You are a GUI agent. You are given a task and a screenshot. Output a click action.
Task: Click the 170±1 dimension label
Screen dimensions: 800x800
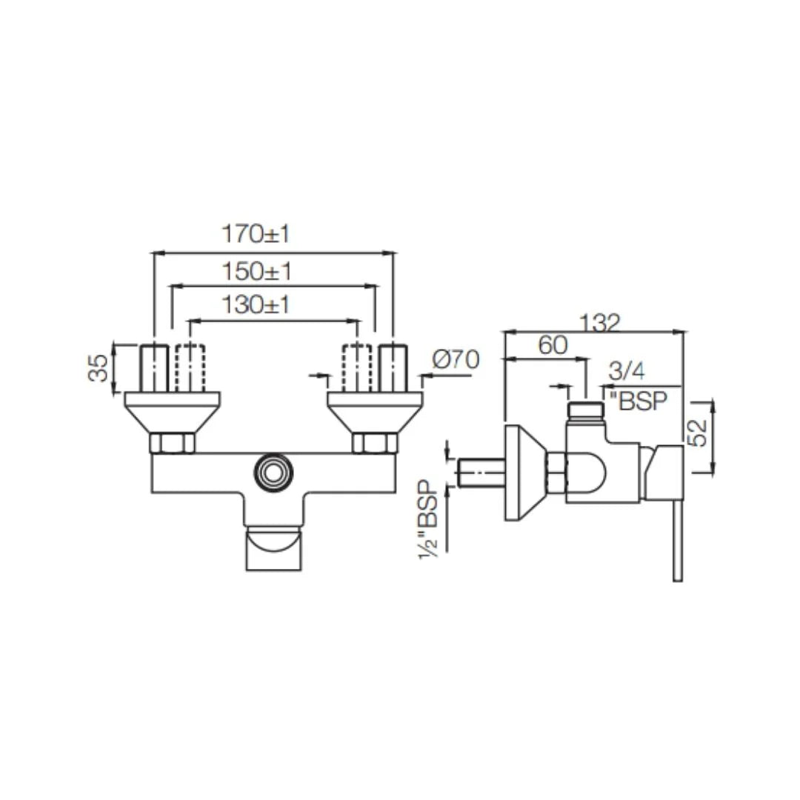pos(256,234)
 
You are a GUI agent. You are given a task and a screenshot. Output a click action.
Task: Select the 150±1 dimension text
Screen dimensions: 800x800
pos(256,271)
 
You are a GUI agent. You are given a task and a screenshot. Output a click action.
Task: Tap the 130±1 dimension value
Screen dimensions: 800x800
pos(256,304)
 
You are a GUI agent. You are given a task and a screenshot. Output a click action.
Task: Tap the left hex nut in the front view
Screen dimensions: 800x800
pos(172,443)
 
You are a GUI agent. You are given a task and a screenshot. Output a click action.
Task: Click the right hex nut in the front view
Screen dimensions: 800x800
pos(375,443)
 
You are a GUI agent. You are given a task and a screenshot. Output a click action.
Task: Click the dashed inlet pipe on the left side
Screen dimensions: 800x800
pos(190,368)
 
